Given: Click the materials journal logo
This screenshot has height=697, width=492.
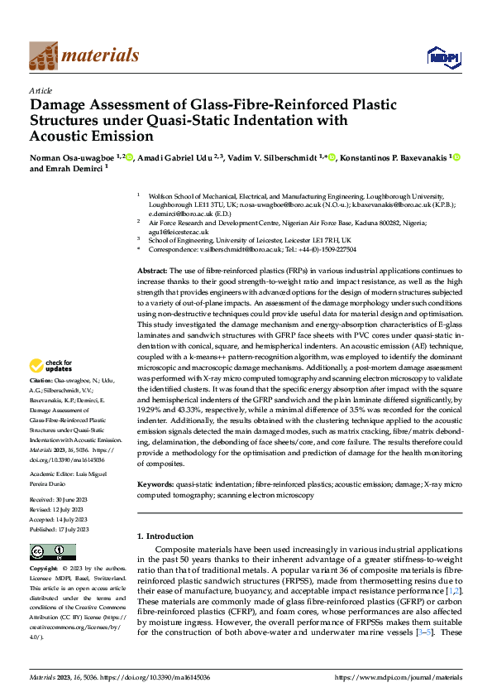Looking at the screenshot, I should tap(84, 55).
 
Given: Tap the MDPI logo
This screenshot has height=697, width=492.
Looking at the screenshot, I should tap(442, 56).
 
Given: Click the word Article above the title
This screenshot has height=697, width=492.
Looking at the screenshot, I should tap(41, 90).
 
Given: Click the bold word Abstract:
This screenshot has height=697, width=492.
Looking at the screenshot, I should tap(151, 271).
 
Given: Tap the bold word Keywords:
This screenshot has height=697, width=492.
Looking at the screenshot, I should tap(155, 483).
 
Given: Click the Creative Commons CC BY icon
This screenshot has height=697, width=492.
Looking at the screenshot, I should tap(53, 551).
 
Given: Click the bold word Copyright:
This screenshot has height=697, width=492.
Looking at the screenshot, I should tap(45, 570).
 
